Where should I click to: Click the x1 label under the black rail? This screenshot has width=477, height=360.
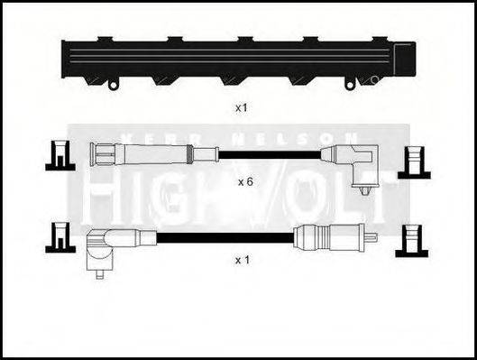[241, 107]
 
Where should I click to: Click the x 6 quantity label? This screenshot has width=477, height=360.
[245, 181]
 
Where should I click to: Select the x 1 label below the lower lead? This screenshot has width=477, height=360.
[242, 260]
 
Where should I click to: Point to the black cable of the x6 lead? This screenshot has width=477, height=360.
[271, 154]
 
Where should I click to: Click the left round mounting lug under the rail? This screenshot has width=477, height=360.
[113, 85]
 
